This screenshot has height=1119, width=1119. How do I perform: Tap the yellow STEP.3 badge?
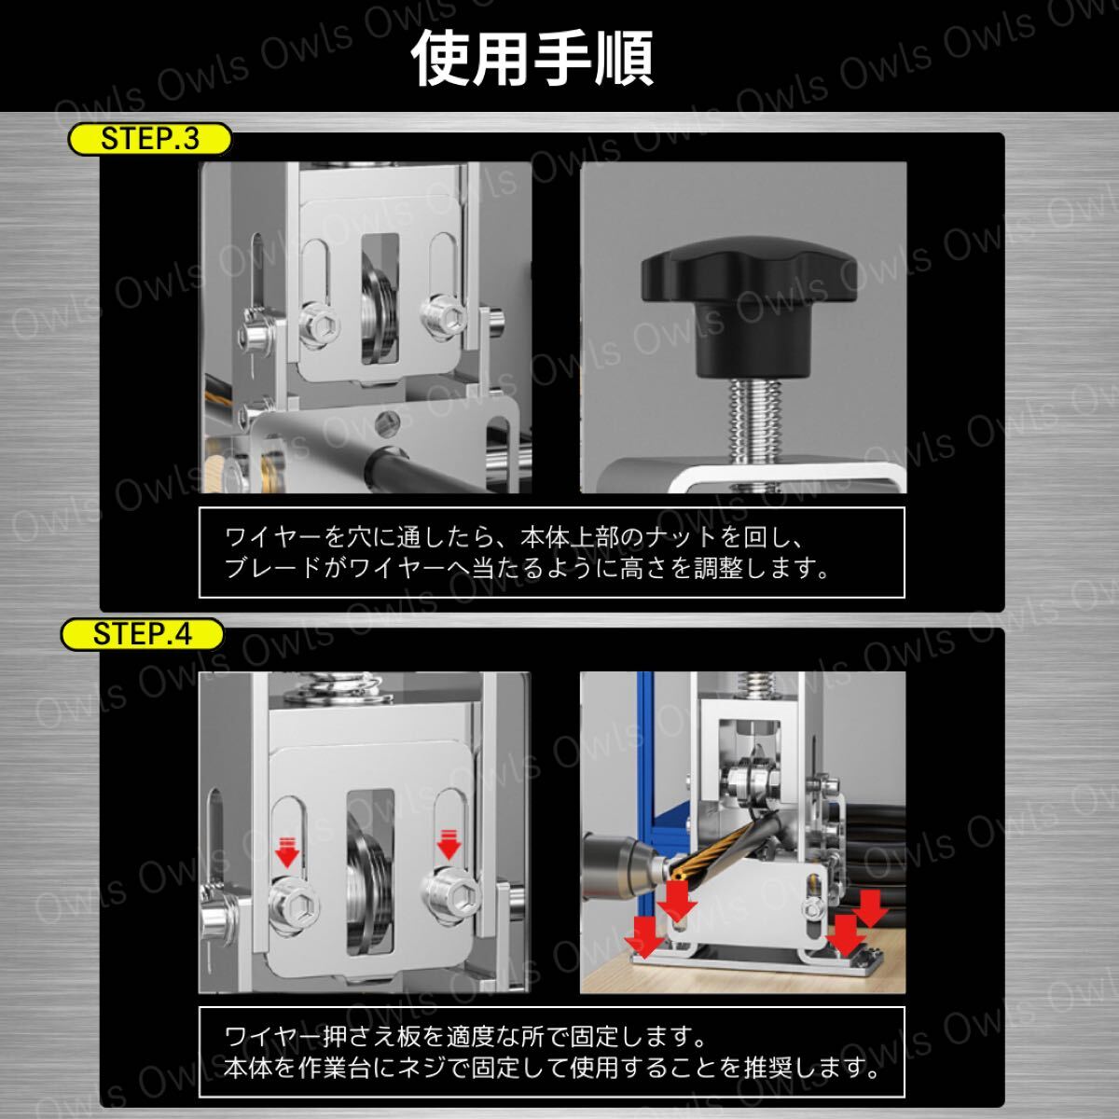[150, 139]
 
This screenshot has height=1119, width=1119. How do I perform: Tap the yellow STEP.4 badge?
[143, 634]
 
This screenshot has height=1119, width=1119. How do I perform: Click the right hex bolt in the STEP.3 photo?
[445, 318]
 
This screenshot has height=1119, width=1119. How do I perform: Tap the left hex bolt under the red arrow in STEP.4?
[295, 905]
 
